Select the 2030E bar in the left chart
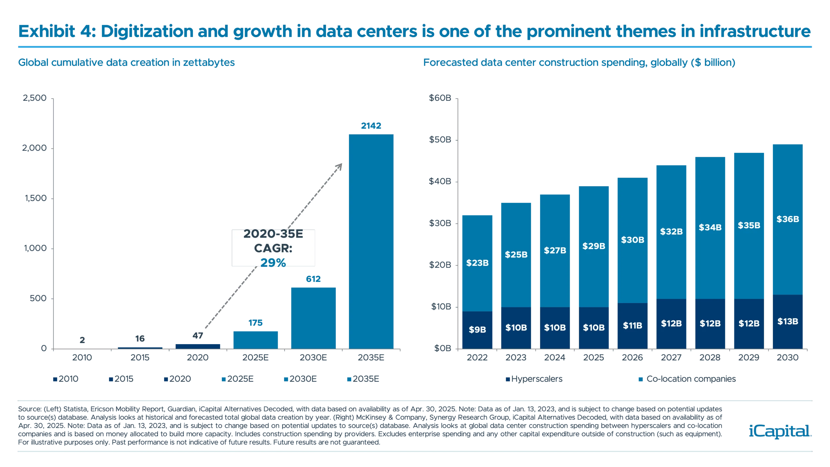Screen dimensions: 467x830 [x=314, y=318]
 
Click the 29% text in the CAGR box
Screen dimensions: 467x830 [x=273, y=262]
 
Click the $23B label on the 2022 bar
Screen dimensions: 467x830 [x=477, y=263]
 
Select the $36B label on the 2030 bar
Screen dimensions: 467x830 [x=788, y=219]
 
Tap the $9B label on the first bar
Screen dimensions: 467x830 [x=477, y=329]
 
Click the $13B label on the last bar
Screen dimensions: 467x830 [x=788, y=321]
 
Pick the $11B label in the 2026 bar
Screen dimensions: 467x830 [x=632, y=325]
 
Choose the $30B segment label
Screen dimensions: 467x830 [x=632, y=240]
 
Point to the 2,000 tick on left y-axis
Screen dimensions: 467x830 [x=34, y=149]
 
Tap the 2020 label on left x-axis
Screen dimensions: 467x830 [x=198, y=357]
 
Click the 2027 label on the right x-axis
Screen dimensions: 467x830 [x=671, y=357]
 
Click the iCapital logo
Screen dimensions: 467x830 [x=779, y=432]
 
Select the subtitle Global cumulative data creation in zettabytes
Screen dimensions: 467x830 [x=126, y=62]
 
